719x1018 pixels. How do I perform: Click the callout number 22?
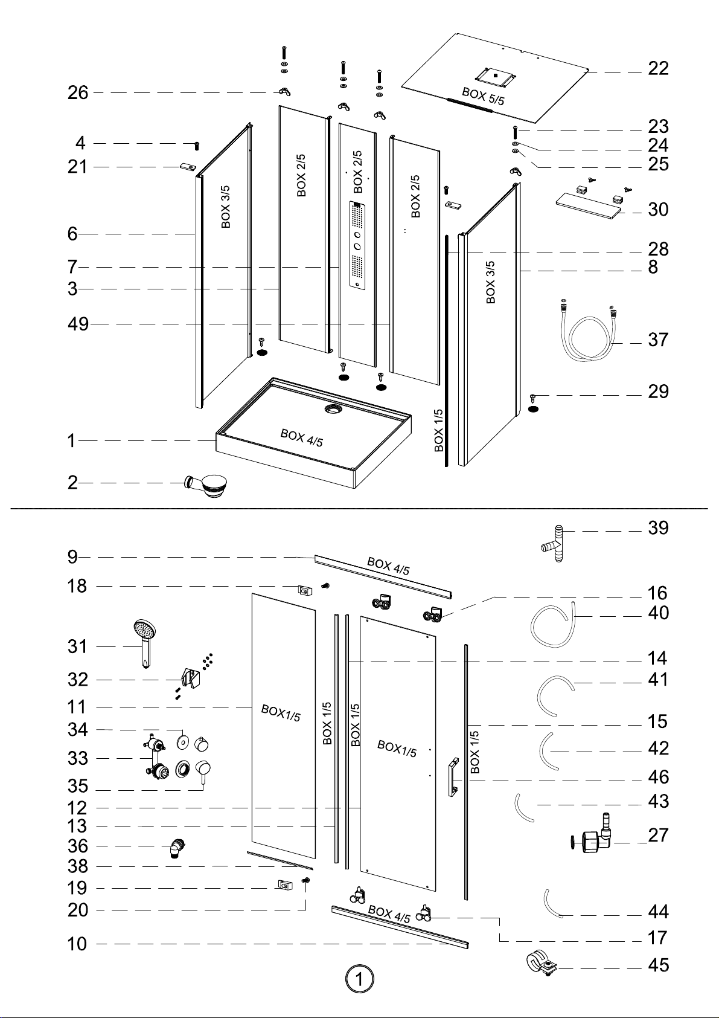click(x=658, y=69)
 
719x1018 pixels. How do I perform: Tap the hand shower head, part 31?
click(x=145, y=643)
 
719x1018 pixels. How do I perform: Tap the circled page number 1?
click(x=359, y=979)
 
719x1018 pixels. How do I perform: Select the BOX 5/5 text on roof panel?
click(x=483, y=96)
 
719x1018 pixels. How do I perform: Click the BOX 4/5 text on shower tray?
click(x=302, y=438)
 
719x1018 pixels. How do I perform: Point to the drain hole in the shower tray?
click(x=334, y=408)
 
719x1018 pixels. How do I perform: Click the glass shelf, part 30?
click(x=589, y=205)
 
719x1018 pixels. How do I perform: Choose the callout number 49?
click(x=78, y=324)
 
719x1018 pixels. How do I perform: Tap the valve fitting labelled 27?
click(x=590, y=836)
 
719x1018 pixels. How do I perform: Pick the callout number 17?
click(x=657, y=938)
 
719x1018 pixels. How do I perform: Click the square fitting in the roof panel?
click(x=496, y=76)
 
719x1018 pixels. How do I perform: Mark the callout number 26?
click(x=78, y=92)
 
